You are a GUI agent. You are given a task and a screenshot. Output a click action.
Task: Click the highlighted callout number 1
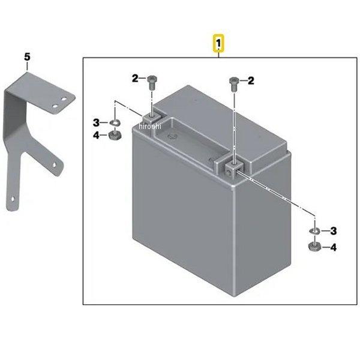218,43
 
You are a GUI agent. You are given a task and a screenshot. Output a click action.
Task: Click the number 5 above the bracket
27,57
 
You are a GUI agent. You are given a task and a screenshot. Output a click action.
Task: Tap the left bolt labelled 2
152,83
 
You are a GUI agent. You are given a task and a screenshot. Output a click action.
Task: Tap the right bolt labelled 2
234,83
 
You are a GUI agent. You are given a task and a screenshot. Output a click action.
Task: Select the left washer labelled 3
115,122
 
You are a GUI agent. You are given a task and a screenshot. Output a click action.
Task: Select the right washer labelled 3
314,231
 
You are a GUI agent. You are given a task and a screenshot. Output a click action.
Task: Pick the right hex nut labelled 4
314,247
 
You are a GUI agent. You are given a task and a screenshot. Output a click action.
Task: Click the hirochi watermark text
150,126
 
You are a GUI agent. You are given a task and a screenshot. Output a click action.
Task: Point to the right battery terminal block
234,169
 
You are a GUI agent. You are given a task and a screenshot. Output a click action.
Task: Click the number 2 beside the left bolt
135,79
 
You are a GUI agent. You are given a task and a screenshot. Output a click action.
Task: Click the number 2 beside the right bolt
251,81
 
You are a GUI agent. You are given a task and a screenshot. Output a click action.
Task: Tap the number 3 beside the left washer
96,122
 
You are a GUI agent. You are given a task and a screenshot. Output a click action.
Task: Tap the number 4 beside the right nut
333,247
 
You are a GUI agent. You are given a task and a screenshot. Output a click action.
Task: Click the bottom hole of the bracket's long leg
13,199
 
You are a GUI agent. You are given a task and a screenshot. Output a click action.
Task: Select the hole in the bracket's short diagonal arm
55,164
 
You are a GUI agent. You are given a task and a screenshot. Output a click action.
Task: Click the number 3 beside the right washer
334,231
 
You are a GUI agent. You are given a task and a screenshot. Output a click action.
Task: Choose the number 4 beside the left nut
96,135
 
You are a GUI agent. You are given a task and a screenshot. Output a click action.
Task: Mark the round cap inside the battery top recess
171,137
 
